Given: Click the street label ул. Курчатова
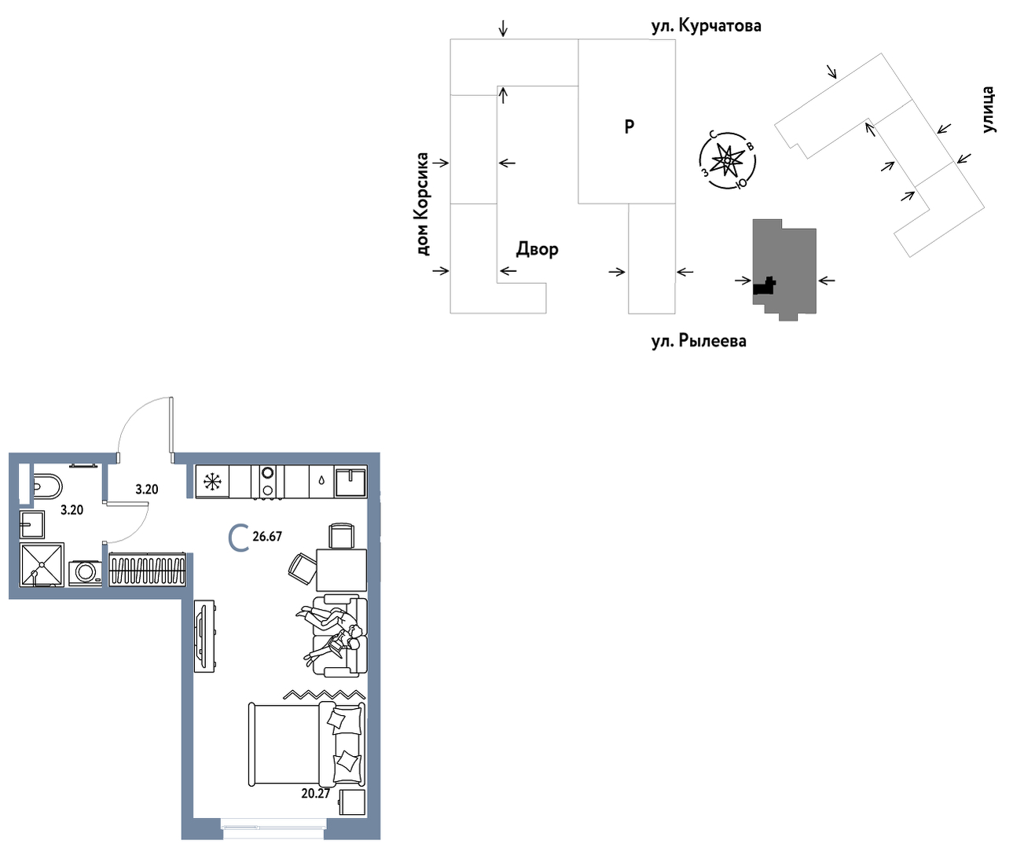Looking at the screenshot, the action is point(706,26).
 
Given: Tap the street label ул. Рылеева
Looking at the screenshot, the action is point(699,340).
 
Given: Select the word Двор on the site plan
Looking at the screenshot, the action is point(537,249).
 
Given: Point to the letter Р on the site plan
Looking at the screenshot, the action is point(629,127).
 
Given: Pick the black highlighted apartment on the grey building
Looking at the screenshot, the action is point(764,286).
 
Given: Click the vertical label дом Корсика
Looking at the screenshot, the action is point(423,204).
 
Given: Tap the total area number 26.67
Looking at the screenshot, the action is point(267,536).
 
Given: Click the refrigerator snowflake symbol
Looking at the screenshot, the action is point(212,482).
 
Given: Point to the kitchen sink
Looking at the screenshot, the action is point(351,481).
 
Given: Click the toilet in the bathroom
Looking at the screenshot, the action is point(47,485).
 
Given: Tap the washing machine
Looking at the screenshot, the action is point(86,573).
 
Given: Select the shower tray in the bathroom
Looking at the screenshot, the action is point(42,565).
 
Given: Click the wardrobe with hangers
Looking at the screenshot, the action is point(147,569).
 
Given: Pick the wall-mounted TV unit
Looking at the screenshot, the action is point(204,636).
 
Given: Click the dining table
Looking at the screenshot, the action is point(342,570).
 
